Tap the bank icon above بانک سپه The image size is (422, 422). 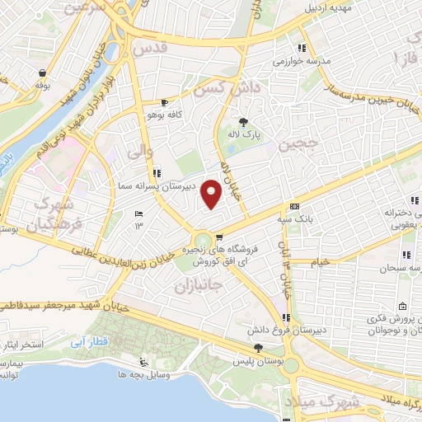pos(294,206)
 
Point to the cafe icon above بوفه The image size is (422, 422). pos(41,72)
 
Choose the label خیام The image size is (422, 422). pos(321,261)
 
